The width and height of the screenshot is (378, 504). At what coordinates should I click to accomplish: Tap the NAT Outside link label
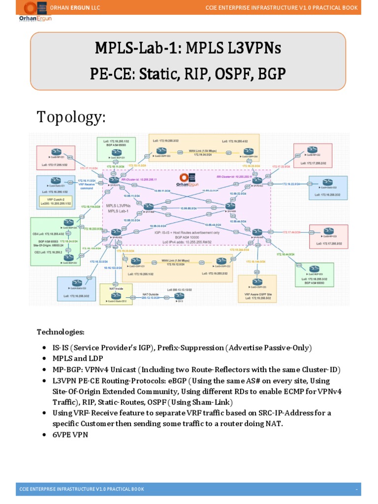tap(151, 294)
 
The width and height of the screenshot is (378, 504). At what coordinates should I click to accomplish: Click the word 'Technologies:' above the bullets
tap(60, 332)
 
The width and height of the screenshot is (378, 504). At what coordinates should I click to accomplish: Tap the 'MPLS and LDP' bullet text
tap(76, 358)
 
